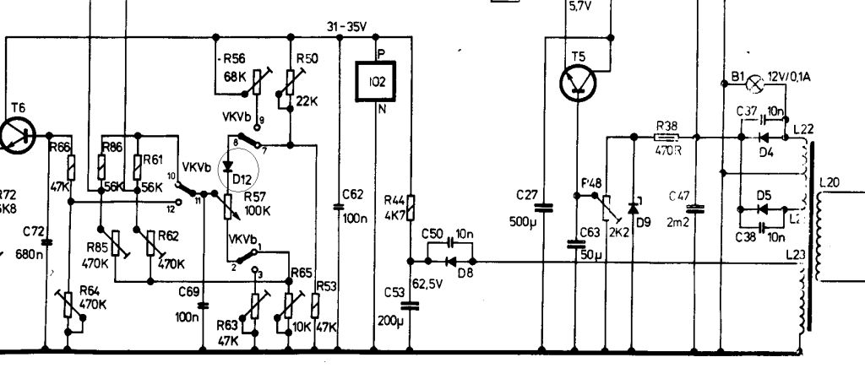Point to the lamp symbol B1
(x=758, y=83)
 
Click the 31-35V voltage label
(x=345, y=25)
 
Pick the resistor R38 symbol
(x=667, y=135)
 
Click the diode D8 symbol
(x=451, y=261)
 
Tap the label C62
(x=352, y=194)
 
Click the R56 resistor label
(x=232, y=58)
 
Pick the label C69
(x=189, y=291)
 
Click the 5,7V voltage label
(x=582, y=6)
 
